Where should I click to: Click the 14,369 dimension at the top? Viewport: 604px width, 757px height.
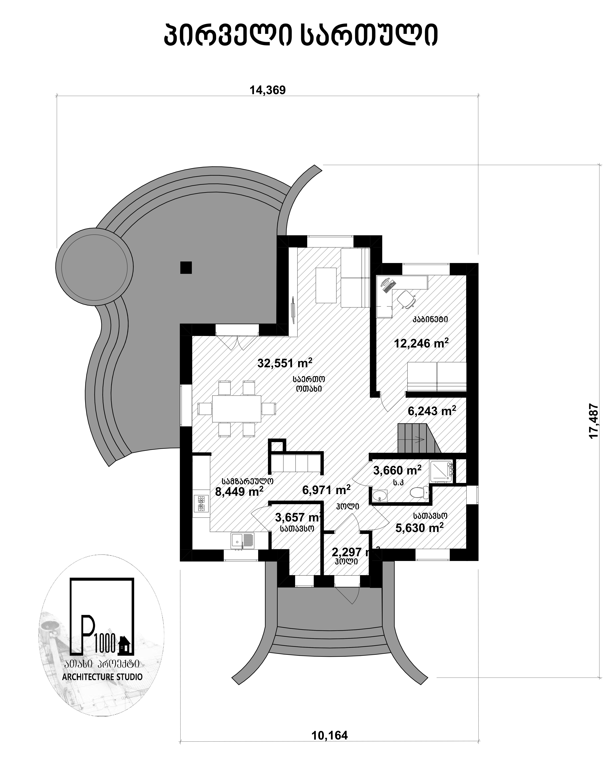[x=268, y=90]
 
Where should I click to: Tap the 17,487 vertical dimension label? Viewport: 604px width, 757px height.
[x=593, y=421]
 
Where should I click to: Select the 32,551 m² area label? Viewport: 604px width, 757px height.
[x=285, y=363]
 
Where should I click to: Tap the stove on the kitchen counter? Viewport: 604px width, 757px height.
[x=201, y=504]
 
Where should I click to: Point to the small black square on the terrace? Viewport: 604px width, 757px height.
[x=186, y=268]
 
